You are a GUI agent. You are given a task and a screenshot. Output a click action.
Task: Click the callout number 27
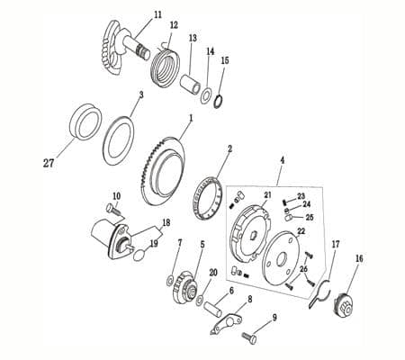tap(48, 163)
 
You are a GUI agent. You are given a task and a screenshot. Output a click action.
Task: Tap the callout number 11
tap(158, 14)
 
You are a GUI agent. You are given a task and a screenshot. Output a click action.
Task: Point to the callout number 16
tap(359, 258)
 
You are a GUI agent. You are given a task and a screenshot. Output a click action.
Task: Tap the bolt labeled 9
tap(249, 337)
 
